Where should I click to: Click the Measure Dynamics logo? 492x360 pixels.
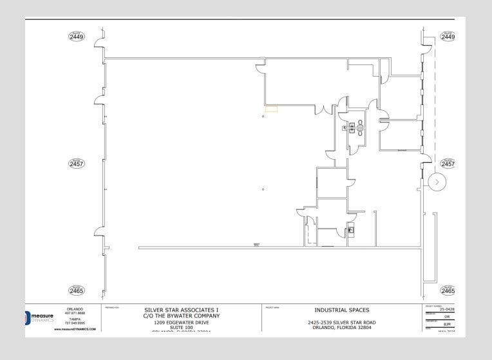(x=41, y=317)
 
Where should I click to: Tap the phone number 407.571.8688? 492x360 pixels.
(x=75, y=314)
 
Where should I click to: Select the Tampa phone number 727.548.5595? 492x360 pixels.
(x=75, y=323)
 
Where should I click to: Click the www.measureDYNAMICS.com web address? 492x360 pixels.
(x=75, y=329)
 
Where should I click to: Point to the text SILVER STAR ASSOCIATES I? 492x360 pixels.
(x=180, y=310)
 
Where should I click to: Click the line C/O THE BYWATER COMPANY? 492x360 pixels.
(x=180, y=316)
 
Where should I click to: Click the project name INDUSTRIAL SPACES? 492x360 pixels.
(x=342, y=310)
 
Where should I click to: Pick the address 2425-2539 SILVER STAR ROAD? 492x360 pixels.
(x=342, y=322)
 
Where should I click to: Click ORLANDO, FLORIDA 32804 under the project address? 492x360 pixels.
(x=342, y=327)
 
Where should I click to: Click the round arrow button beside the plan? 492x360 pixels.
(x=437, y=182)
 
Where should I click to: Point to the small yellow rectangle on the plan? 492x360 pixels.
(x=271, y=109)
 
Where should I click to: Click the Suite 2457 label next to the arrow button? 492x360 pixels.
(x=448, y=164)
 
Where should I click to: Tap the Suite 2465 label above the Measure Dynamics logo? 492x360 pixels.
(x=77, y=290)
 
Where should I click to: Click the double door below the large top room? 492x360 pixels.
(x=324, y=109)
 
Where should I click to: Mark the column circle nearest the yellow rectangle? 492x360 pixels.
(x=263, y=117)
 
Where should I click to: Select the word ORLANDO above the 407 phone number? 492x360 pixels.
(x=75, y=309)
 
